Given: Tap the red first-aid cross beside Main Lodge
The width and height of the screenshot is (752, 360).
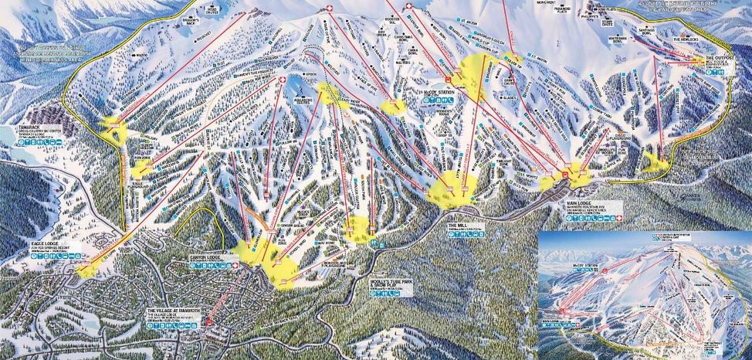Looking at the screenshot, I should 564,174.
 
